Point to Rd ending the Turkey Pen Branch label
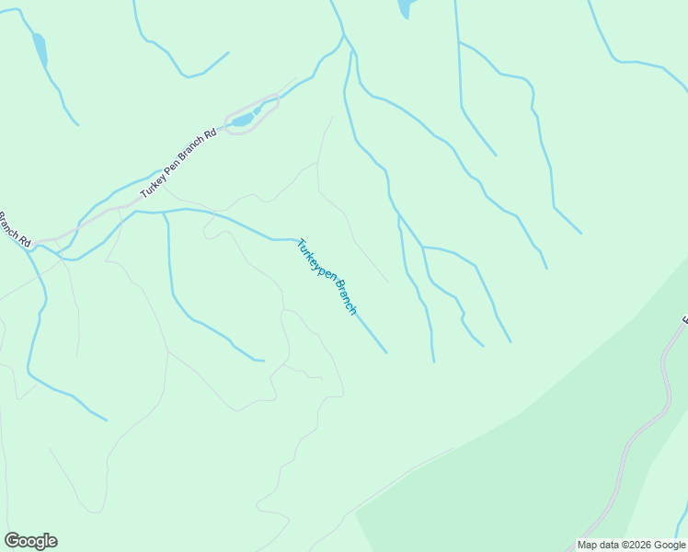211,134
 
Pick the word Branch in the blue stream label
344,296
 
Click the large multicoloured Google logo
30,541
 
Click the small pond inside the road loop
242,121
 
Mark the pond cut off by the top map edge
404,8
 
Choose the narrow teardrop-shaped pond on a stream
40,51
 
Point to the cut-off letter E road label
684,321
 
